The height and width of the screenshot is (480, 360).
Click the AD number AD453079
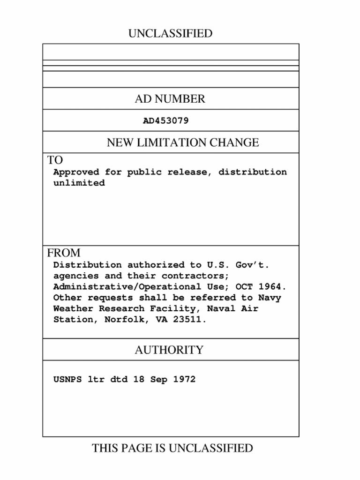(x=165, y=121)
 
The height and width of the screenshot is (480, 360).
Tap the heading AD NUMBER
(x=170, y=99)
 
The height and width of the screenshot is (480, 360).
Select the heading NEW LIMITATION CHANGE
(x=182, y=142)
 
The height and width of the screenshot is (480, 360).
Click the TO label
(x=55, y=160)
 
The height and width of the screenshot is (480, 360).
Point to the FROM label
(x=63, y=253)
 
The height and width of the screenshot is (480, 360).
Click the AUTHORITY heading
(x=169, y=350)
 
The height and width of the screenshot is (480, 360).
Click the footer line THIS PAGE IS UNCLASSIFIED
(x=172, y=449)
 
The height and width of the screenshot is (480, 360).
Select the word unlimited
(x=79, y=183)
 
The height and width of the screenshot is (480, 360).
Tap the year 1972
(x=184, y=380)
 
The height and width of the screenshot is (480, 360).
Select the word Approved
(x=76, y=172)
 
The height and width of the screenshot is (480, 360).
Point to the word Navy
(x=270, y=298)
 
